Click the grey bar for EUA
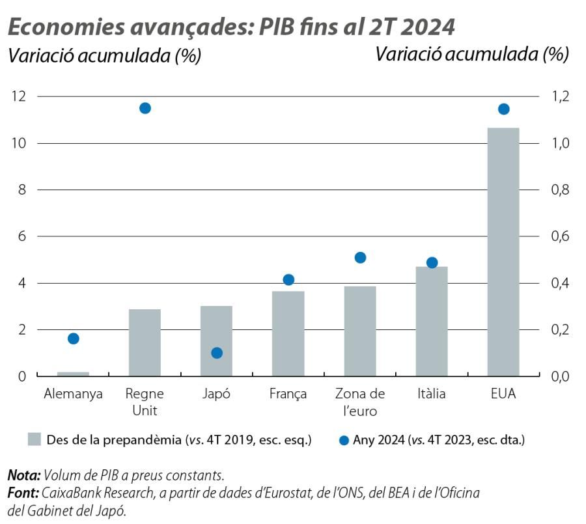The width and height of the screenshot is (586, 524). pyautogui.click(x=503, y=252)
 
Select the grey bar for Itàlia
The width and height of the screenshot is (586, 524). pyautogui.click(x=432, y=321)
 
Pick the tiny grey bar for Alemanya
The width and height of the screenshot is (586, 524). pyautogui.click(x=73, y=374)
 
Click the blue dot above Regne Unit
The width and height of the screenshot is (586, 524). pyautogui.click(x=145, y=108)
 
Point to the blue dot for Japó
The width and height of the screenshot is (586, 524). pyautogui.click(x=217, y=353)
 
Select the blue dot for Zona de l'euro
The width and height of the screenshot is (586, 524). pyautogui.click(x=360, y=258)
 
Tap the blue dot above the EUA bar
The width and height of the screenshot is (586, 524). pyautogui.click(x=503, y=109)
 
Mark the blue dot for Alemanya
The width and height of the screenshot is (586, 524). pyautogui.click(x=74, y=338)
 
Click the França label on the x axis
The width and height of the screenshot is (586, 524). pyautogui.click(x=288, y=394)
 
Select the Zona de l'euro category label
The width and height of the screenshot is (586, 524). pyautogui.click(x=360, y=402)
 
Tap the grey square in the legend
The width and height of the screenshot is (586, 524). pyautogui.click(x=35, y=439)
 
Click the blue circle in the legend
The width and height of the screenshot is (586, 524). pyautogui.click(x=344, y=441)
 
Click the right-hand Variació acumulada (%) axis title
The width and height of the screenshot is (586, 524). pyautogui.click(x=472, y=55)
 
